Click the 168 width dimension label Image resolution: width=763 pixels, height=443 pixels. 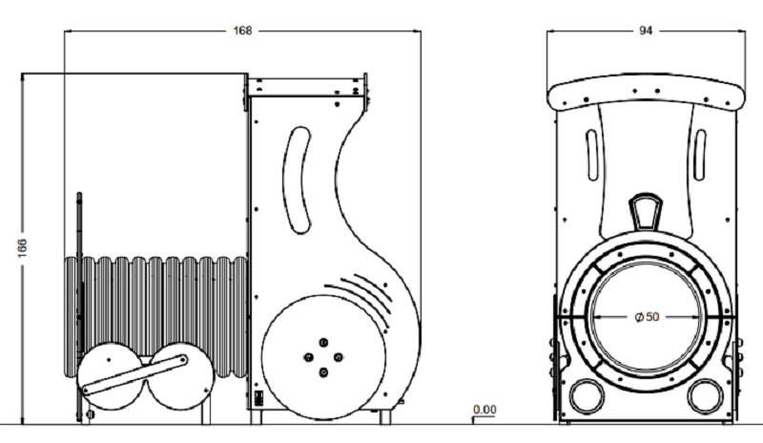243,31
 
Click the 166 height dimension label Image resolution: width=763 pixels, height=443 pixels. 23,248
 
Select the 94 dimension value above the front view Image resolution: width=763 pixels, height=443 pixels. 646,31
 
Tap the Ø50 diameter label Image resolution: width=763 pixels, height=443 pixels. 648,317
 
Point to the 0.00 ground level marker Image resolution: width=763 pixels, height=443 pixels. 485,410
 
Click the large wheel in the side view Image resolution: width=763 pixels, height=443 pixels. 323,357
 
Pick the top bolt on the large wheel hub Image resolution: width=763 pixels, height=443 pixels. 323,342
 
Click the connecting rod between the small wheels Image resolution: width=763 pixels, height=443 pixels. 134,374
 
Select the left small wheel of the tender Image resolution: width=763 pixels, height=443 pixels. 111,376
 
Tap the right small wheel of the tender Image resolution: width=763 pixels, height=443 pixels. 180,376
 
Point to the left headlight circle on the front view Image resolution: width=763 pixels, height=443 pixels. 588,396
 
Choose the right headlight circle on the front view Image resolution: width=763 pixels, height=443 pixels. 706,396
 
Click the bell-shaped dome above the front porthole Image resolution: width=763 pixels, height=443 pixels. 646,212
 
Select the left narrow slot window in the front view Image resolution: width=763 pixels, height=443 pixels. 592,155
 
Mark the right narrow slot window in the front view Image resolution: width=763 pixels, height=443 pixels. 700,155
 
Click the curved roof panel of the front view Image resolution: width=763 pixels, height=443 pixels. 646,92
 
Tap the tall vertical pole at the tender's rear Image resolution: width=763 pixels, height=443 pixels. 79,306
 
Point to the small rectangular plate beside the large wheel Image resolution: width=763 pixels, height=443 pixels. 258,398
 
